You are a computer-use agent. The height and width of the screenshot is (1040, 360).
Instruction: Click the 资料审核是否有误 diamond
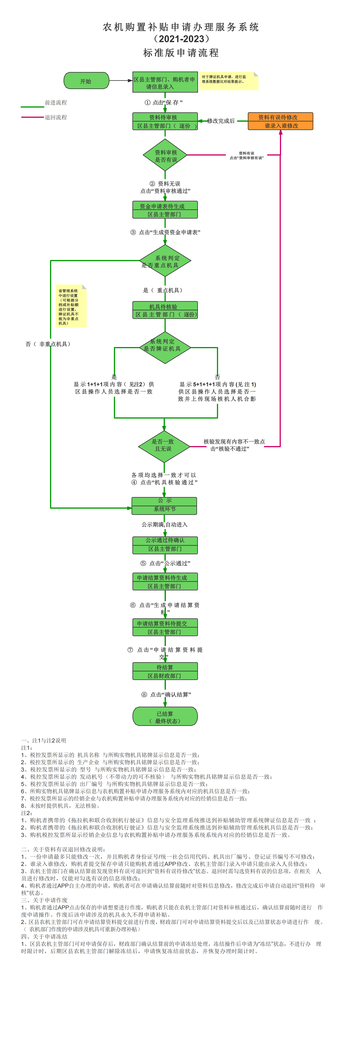point(165,155)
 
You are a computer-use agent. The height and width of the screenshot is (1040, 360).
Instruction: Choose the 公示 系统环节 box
point(164,505)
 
